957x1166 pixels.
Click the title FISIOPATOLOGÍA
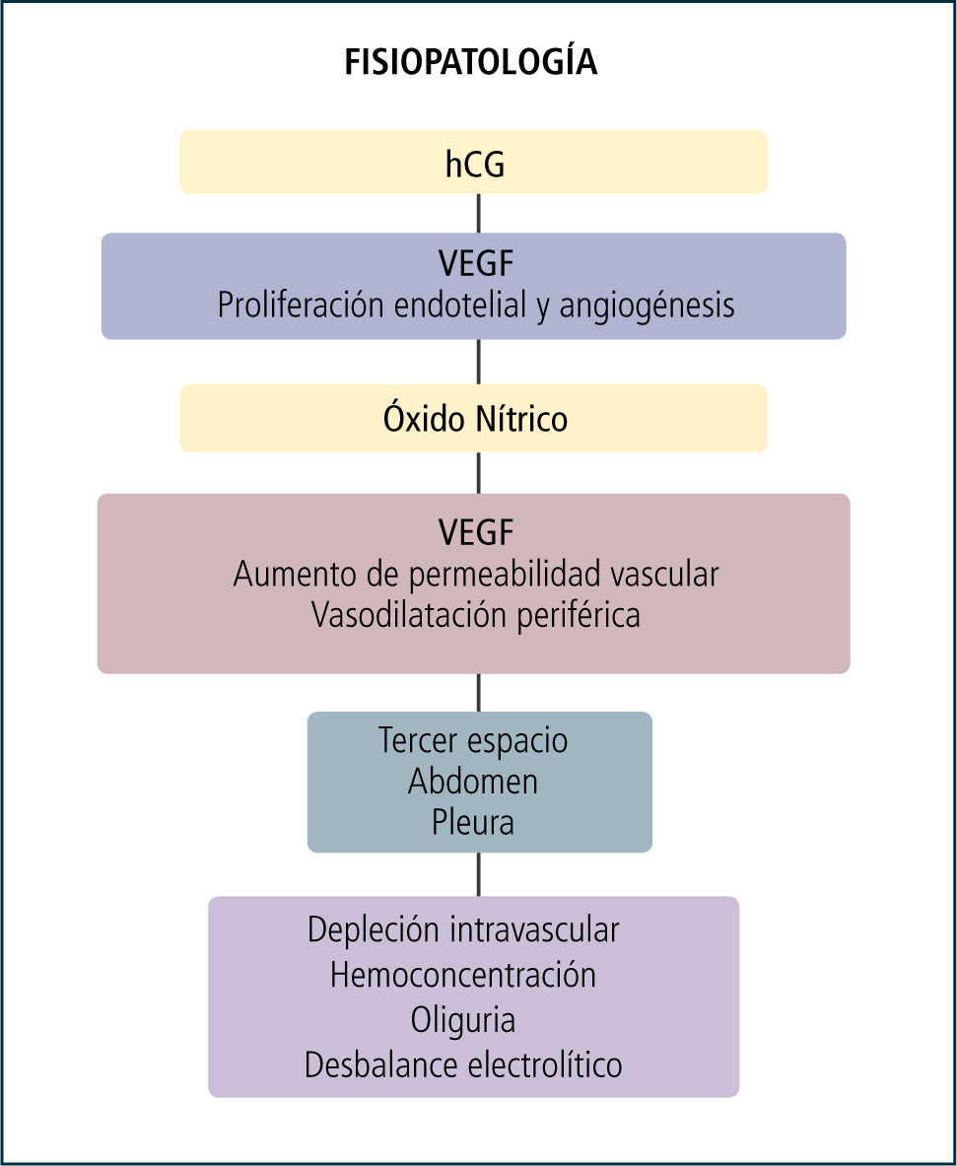pyautogui.click(x=471, y=63)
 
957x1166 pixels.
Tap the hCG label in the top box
pyautogui.click(x=474, y=164)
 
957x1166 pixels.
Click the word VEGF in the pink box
pyautogui.click(x=476, y=533)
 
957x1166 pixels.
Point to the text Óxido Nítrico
pyautogui.click(x=475, y=419)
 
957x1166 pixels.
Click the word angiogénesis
pyautogui.click(x=647, y=306)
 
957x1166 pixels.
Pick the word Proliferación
pyautogui.click(x=302, y=306)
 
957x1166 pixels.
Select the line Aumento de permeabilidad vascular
pyautogui.click(x=476, y=574)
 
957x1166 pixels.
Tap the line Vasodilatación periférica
pyautogui.click(x=476, y=615)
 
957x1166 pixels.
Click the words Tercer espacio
pyautogui.click(x=473, y=740)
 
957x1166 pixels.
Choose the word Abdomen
pyautogui.click(x=473, y=782)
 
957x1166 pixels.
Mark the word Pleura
pyautogui.click(x=473, y=822)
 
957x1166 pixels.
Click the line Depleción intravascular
pyautogui.click(x=463, y=929)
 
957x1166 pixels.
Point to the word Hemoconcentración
pyautogui.click(x=463, y=975)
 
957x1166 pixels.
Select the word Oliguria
pyautogui.click(x=464, y=1020)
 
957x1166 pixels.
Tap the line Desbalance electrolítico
pyautogui.click(x=463, y=1065)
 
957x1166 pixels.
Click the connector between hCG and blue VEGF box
pyautogui.click(x=479, y=213)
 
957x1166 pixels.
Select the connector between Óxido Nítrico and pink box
pyautogui.click(x=479, y=473)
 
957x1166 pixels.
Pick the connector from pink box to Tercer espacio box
pyautogui.click(x=479, y=693)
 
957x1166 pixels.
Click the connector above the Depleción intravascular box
pyautogui.click(x=479, y=874)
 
